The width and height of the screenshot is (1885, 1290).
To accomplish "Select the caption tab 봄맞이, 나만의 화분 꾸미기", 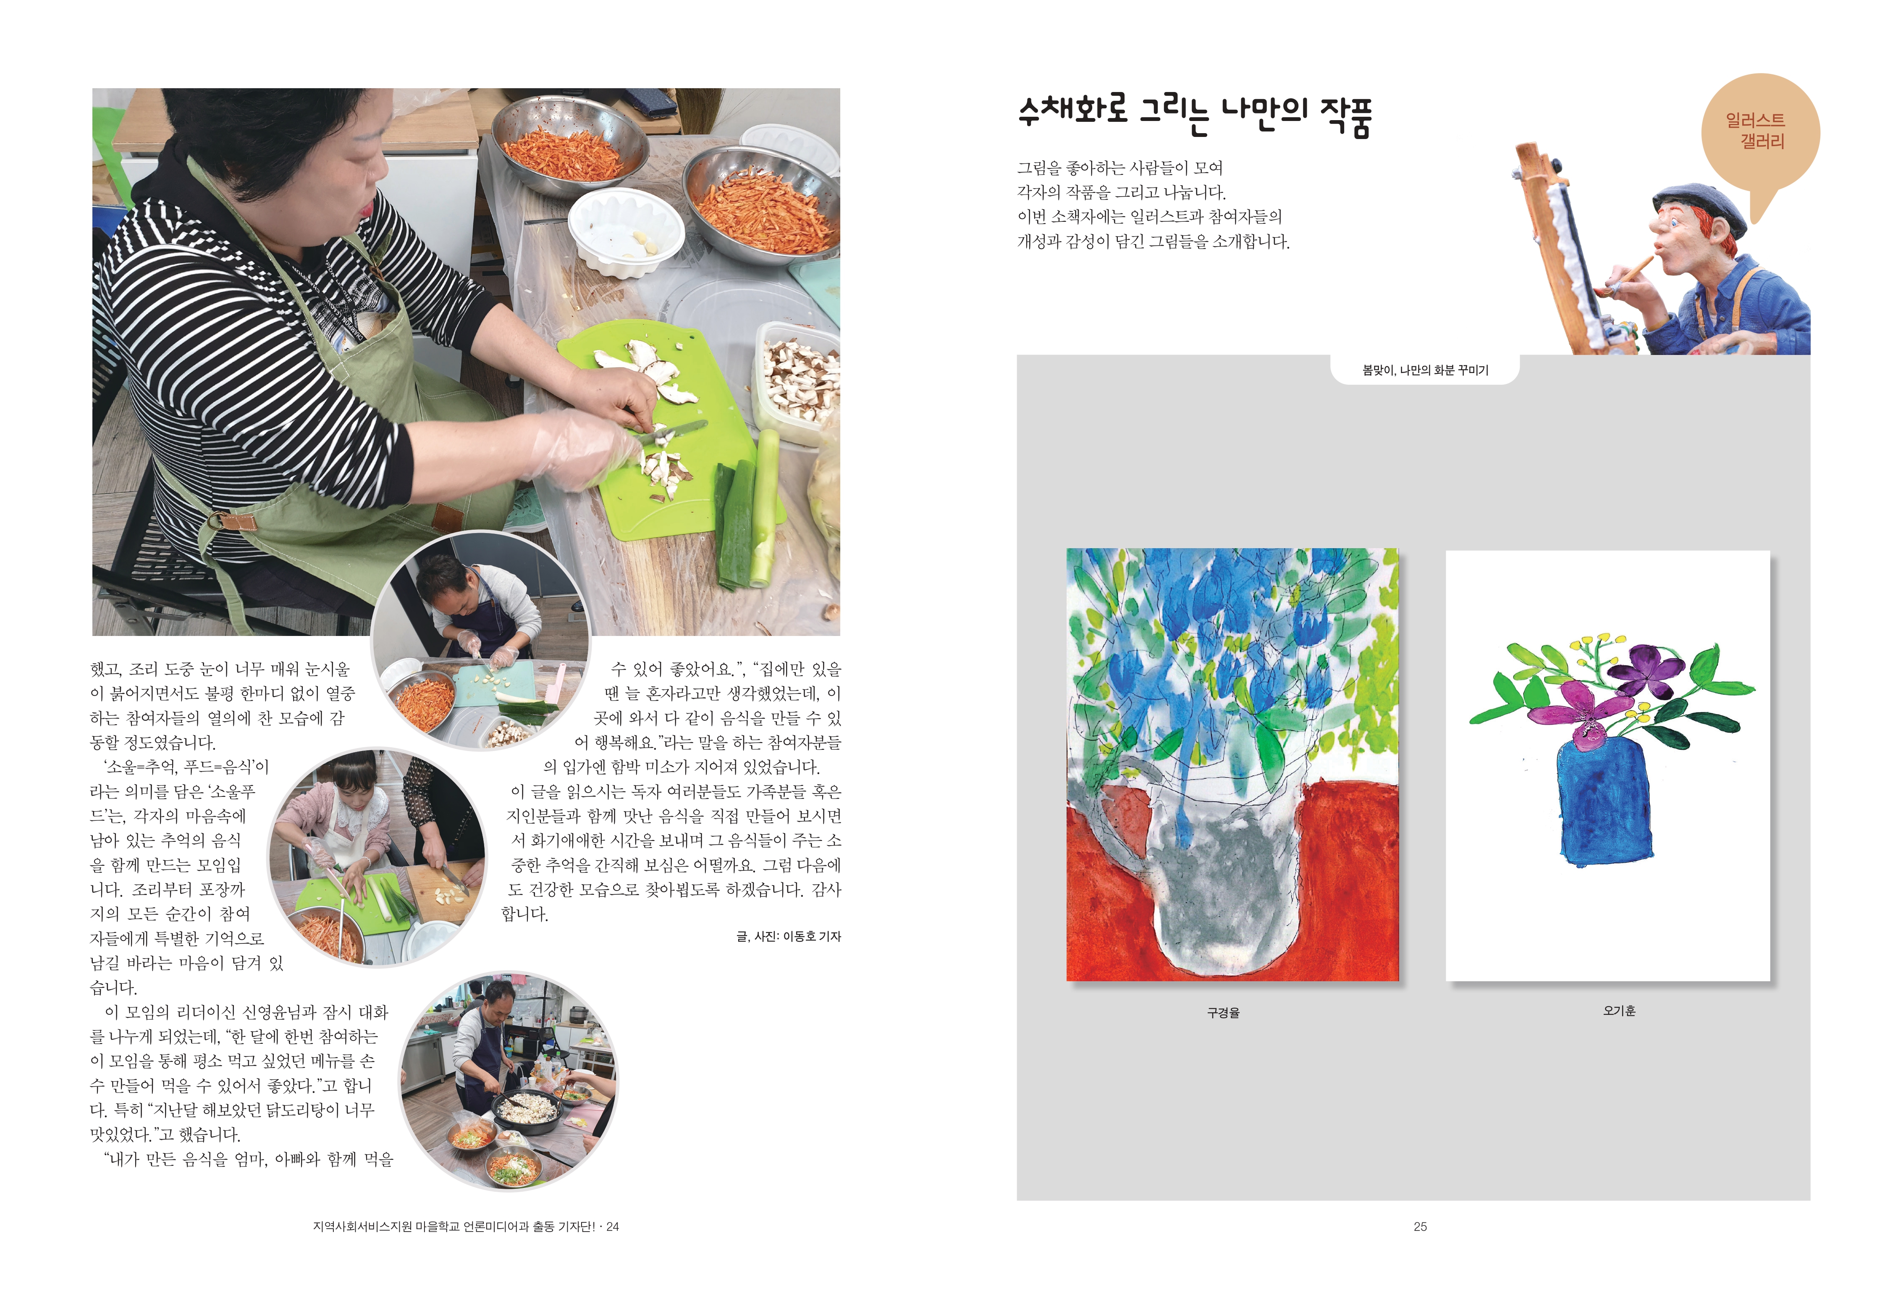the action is (x=1425, y=370).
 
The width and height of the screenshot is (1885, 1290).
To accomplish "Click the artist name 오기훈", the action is (x=1618, y=1010).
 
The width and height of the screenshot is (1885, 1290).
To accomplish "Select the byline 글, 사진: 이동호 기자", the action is (x=788, y=936).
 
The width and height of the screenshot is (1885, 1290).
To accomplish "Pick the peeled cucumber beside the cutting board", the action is (x=763, y=507).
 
